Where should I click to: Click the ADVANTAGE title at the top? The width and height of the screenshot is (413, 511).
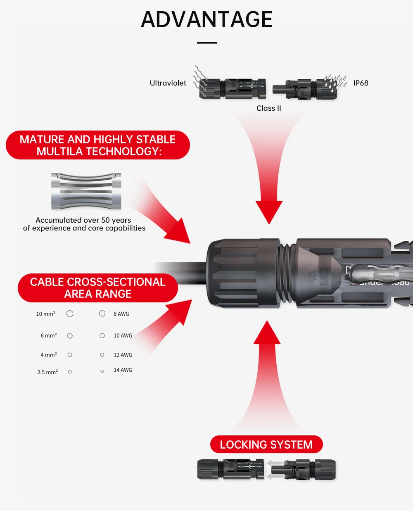[206, 19]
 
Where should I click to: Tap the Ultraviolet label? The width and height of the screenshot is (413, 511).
[168, 83]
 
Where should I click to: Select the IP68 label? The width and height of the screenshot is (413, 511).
[361, 83]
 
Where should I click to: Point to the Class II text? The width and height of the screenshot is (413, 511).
[268, 108]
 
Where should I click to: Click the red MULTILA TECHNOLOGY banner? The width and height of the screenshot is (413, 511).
[98, 145]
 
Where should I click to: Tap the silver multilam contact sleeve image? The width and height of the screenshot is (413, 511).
[86, 192]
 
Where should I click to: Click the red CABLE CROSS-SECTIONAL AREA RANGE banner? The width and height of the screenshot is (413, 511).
[98, 288]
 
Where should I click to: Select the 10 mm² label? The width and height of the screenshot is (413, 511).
[45, 314]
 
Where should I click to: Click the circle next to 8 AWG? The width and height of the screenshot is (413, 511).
[102, 314]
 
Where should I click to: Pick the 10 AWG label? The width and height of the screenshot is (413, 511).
[123, 335]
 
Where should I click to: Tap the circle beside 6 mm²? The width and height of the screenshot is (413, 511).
[70, 336]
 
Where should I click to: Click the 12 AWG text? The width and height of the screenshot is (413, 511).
[123, 355]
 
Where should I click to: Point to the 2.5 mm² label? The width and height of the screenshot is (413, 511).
[47, 372]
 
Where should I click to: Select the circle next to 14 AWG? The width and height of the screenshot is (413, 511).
[102, 371]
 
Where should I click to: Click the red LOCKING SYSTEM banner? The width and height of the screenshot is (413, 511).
[266, 444]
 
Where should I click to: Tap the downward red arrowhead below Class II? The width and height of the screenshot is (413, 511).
[269, 211]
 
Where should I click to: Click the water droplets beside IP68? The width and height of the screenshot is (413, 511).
[335, 81]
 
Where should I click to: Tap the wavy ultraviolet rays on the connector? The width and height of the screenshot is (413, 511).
[201, 78]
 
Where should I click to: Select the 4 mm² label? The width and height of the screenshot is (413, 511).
[49, 355]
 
